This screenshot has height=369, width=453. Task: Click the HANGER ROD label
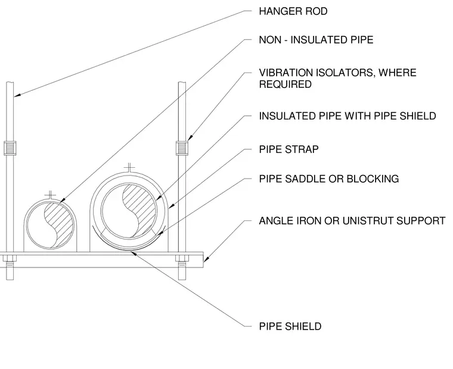click(x=293, y=11)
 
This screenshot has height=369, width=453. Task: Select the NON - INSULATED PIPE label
click(x=316, y=39)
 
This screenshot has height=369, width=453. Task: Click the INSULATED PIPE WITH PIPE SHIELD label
click(x=347, y=116)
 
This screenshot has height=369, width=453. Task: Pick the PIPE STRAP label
click(x=288, y=149)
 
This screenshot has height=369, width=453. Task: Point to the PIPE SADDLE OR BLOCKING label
click(x=329, y=179)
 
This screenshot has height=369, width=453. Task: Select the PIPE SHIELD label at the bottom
click(x=290, y=326)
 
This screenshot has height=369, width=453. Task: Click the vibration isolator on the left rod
click(x=10, y=148)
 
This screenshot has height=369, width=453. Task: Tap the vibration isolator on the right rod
click(x=182, y=148)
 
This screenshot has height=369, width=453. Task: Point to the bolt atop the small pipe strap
click(x=50, y=195)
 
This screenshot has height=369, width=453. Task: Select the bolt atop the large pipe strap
click(x=129, y=168)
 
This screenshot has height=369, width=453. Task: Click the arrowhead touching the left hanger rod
click(x=17, y=94)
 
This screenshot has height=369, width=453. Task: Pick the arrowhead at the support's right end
click(x=206, y=259)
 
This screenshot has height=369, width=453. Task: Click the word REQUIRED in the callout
click(x=285, y=85)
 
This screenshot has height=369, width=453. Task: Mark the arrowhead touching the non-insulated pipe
click(x=62, y=200)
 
